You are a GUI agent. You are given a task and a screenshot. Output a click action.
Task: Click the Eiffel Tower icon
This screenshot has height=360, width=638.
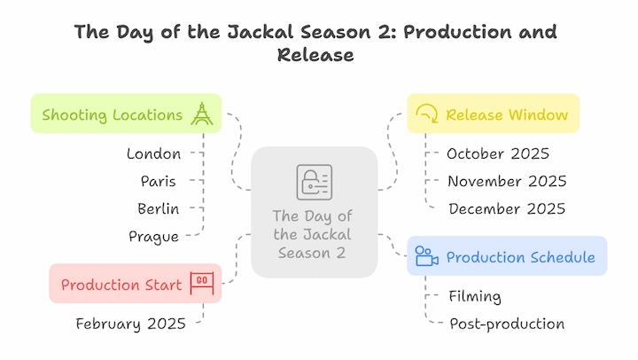click(202, 113)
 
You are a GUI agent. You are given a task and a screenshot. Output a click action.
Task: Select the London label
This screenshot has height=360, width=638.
click(154, 154)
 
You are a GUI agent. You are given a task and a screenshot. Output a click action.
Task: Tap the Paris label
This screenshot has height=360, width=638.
click(159, 181)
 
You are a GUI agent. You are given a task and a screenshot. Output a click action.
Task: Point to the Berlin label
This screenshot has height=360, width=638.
click(159, 209)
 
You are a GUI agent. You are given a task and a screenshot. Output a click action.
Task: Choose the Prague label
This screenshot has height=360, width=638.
click(154, 237)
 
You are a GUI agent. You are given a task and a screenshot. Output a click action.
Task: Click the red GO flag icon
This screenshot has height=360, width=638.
click(202, 283)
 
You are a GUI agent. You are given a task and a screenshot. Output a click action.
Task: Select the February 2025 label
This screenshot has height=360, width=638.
click(130, 325)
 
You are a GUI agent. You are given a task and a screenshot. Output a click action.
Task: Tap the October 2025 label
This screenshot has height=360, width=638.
click(498, 154)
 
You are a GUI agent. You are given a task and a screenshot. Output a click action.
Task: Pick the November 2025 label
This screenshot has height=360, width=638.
click(507, 181)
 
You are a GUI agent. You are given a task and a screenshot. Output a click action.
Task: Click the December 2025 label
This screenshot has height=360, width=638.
click(507, 209)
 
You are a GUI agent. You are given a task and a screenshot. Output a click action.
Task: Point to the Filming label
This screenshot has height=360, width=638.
click(475, 296)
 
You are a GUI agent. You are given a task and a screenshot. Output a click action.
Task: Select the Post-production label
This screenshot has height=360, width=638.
click(507, 325)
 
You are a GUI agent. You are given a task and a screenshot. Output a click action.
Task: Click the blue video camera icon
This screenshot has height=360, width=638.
click(426, 256)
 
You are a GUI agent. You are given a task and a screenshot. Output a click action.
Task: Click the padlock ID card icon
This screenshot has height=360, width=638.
click(314, 182)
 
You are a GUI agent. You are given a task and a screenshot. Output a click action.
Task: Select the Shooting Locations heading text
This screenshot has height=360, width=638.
click(113, 115)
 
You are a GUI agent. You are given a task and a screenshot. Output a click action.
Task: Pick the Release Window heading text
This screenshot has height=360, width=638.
click(507, 115)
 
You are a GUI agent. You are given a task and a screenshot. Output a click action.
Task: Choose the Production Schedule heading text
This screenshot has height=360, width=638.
click(521, 257)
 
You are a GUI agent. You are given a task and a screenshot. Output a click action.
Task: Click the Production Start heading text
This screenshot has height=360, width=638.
click(121, 285)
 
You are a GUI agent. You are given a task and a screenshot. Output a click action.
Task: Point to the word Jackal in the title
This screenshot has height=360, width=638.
click(260, 32)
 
